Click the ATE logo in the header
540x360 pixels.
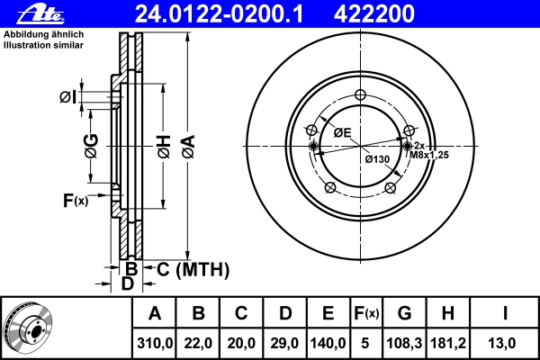pyautogui.click(x=40, y=14)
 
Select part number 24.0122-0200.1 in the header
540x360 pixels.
pyautogui.click(x=220, y=14)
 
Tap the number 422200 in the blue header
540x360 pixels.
pyautogui.click(x=374, y=14)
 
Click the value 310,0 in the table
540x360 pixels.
pyautogui.click(x=154, y=344)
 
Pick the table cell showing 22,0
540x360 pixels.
pyautogui.click(x=198, y=344)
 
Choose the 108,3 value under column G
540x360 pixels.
pyautogui.click(x=404, y=344)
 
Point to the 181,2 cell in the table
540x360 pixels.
pyautogui.click(x=448, y=344)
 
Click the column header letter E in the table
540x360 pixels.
pyautogui.click(x=328, y=313)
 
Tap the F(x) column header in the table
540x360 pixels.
pyautogui.click(x=366, y=313)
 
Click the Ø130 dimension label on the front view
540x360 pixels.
pyautogui.click(x=377, y=159)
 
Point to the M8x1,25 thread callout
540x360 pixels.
pyautogui.click(x=429, y=155)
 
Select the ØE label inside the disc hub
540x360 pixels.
pyautogui.click(x=342, y=132)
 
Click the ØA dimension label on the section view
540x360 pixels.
pyautogui.click(x=189, y=147)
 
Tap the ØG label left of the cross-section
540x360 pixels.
pyautogui.click(x=92, y=146)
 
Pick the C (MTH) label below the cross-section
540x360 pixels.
pyautogui.click(x=193, y=269)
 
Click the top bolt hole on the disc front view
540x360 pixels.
pyautogui.click(x=360, y=94)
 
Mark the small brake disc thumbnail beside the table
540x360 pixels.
pyautogui.click(x=28, y=327)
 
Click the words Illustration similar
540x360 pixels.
pyautogui.click(x=44, y=45)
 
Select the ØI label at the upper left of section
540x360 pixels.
pyautogui.click(x=67, y=97)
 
